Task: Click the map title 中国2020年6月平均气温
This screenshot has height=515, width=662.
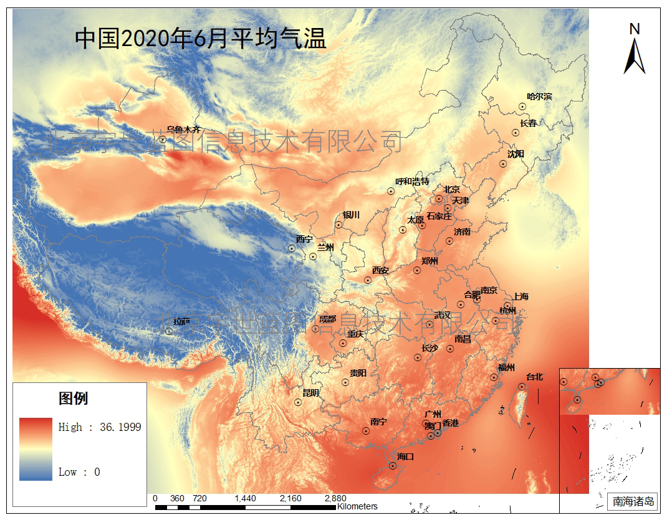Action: [201, 39]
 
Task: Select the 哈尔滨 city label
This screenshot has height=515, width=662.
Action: [539, 97]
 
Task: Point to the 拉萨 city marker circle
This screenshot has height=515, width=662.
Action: [169, 331]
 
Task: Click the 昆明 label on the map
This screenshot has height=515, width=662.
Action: [310, 393]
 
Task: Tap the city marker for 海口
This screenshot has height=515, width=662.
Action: [393, 465]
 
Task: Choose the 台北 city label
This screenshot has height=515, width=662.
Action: [535, 377]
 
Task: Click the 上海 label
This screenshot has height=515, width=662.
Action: [520, 296]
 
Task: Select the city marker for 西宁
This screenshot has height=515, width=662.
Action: [292, 248]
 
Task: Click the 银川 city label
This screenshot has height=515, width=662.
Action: [351, 215]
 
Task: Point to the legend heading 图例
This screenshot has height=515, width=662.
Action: [74, 399]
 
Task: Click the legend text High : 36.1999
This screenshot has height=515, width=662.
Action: [100, 427]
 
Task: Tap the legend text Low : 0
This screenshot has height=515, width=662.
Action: [79, 472]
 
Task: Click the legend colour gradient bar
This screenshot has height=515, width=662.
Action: [36, 449]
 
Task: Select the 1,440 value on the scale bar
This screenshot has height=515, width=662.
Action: [246, 499]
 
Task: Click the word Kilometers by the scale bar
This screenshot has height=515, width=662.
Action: [357, 506]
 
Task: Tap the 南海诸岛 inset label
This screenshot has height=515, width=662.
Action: [633, 501]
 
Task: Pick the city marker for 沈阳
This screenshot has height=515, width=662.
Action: [503, 164]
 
